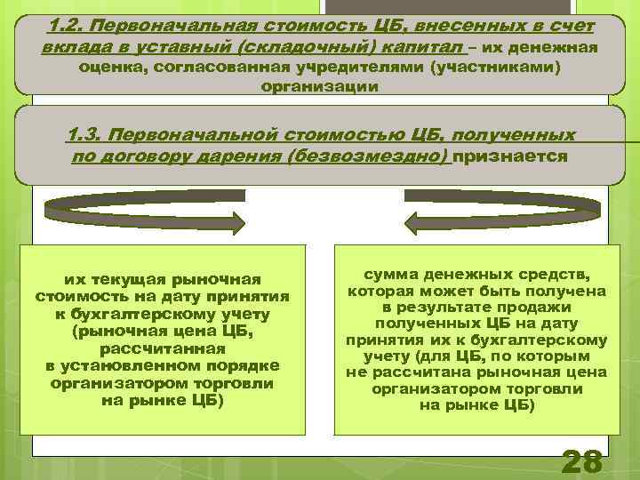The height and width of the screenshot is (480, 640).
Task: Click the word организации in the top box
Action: [x=320, y=87]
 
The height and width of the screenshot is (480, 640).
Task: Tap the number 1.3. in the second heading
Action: [x=88, y=136]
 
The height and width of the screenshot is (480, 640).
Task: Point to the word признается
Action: [x=510, y=157]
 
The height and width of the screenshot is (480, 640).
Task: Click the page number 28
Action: [x=582, y=462]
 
